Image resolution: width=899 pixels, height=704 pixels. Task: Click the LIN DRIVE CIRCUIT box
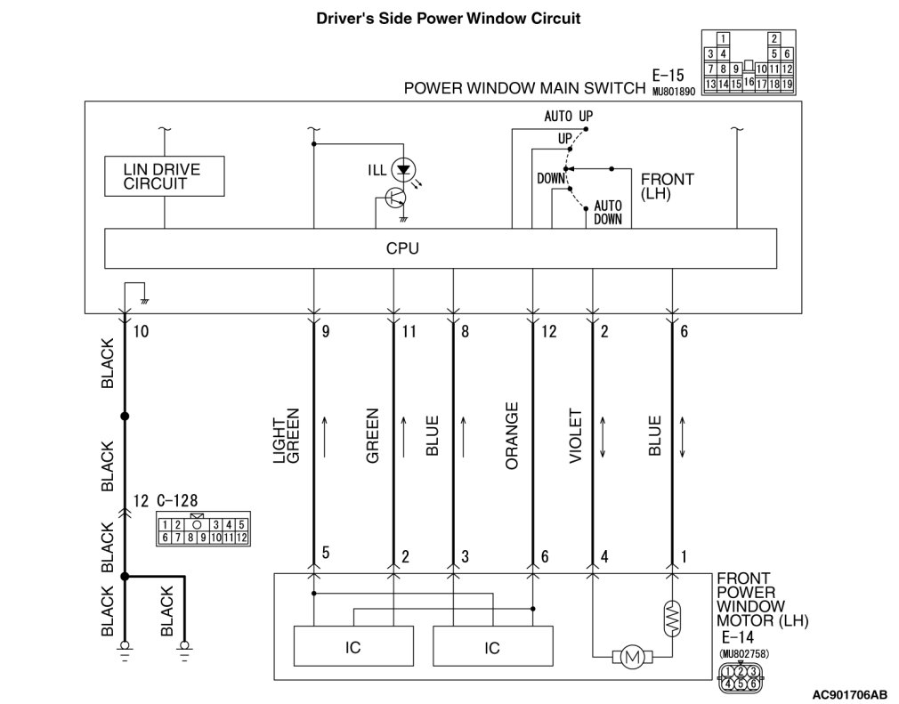click(x=164, y=176)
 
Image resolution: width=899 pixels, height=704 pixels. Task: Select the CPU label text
click(x=402, y=249)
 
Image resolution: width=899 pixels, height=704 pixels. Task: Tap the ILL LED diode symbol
click(x=403, y=170)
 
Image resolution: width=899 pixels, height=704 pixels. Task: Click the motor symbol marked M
click(x=632, y=657)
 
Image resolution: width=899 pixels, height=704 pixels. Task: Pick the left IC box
click(x=353, y=646)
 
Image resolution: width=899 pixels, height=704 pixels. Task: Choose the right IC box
click(x=492, y=646)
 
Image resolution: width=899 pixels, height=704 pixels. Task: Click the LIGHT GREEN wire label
click(x=286, y=436)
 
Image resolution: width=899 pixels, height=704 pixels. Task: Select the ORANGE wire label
click(x=512, y=436)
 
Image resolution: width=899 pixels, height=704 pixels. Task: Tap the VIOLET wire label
click(x=575, y=436)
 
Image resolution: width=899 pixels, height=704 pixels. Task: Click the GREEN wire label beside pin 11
click(x=373, y=436)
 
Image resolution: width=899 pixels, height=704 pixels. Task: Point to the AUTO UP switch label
click(x=568, y=117)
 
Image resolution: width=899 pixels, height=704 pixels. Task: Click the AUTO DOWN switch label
click(x=608, y=212)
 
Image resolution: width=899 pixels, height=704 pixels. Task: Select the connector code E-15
click(x=668, y=75)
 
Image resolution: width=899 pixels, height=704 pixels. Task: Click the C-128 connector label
click(x=177, y=500)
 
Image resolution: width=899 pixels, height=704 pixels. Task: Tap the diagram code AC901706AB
click(x=849, y=694)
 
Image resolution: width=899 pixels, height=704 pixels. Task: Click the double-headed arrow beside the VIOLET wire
click(x=603, y=437)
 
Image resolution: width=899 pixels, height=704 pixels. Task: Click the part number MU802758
click(x=743, y=653)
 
